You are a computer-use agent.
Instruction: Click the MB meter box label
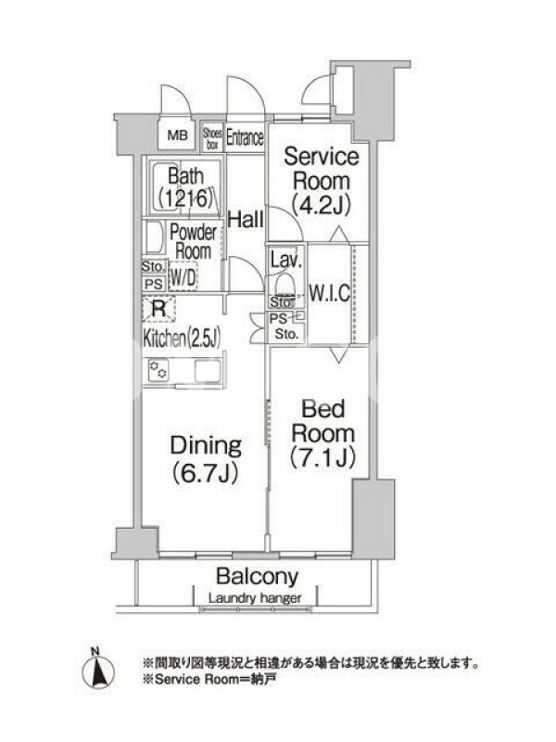click(177, 135)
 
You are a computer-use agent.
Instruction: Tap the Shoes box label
click(212, 138)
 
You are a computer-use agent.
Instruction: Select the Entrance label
click(245, 137)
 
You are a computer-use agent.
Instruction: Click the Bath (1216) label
click(186, 187)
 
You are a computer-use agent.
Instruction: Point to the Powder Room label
click(193, 241)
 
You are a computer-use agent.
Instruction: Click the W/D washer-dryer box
click(183, 276)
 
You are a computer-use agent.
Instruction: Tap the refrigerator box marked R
click(158, 310)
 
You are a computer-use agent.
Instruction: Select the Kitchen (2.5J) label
click(182, 339)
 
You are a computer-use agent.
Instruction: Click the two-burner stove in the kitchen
click(158, 370)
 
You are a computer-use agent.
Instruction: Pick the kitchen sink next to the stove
click(208, 370)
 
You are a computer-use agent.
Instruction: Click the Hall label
click(246, 220)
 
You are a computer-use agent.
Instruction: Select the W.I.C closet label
click(329, 293)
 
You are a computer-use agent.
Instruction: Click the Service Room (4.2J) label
click(321, 181)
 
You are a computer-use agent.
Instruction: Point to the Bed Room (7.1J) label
click(322, 433)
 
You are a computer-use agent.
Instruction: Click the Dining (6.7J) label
click(206, 458)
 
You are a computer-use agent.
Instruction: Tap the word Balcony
click(258, 577)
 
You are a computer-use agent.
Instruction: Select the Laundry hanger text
click(255, 598)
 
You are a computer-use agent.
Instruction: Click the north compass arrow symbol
click(98, 671)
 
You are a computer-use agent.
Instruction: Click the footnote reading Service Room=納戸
click(209, 680)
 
